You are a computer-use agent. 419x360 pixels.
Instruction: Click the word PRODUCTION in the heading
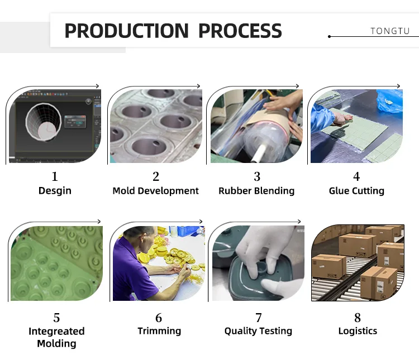(x=127, y=31)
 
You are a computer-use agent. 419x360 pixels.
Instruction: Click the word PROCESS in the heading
(x=240, y=31)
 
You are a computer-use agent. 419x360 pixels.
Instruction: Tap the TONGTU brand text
(x=390, y=31)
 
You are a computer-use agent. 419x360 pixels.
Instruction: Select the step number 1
(x=55, y=176)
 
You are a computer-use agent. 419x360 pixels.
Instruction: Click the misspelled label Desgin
(x=55, y=191)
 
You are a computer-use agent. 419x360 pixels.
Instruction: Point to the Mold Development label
(x=155, y=191)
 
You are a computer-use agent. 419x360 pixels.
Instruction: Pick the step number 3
(x=257, y=176)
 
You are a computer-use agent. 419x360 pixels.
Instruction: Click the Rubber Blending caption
(x=256, y=191)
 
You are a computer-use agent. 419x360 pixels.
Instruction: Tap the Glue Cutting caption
(x=356, y=191)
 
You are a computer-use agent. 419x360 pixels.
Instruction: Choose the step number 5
(x=56, y=318)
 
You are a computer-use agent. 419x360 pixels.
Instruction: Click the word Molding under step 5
(x=56, y=343)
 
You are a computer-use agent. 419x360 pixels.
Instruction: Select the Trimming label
(x=159, y=331)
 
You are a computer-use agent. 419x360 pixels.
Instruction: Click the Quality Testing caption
(x=258, y=331)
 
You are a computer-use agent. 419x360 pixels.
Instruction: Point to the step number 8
(x=358, y=318)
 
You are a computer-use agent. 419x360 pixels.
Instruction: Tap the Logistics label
(x=358, y=331)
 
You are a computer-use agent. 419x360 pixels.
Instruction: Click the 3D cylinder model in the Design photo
(x=44, y=122)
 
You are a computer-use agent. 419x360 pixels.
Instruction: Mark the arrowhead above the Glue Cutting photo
(x=398, y=86)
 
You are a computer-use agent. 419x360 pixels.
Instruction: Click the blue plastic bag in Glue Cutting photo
(x=390, y=101)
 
